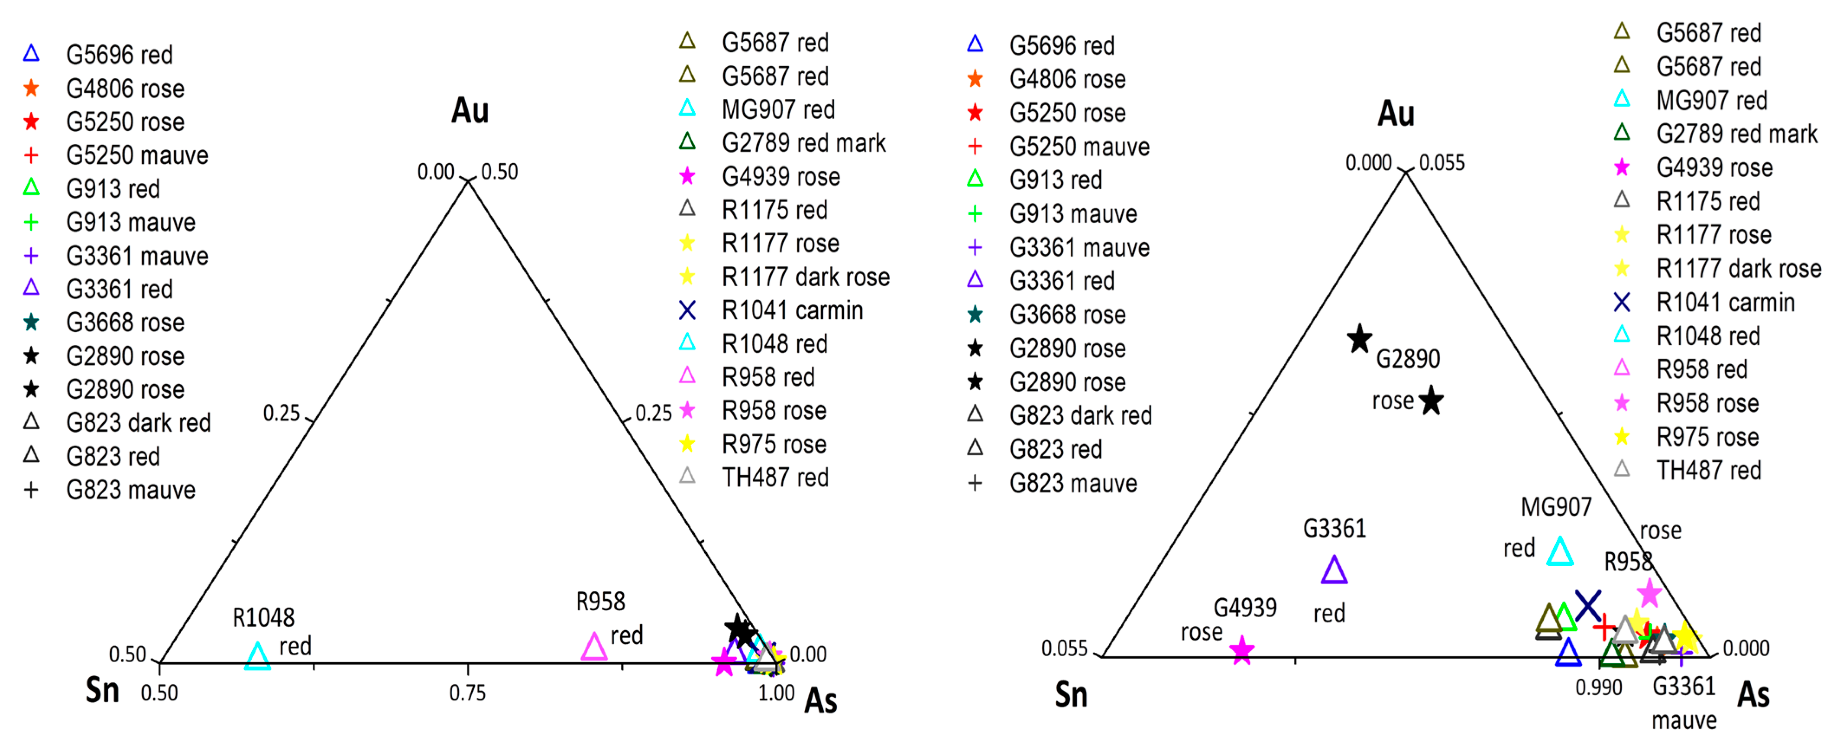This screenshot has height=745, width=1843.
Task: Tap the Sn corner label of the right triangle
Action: (1071, 695)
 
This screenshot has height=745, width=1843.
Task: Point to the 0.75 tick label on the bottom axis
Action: (467, 693)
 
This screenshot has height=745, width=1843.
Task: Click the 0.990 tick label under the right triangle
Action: (1598, 687)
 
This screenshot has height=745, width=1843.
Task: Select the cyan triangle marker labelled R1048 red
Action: (258, 655)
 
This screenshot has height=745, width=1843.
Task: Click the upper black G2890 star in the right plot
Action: (1359, 339)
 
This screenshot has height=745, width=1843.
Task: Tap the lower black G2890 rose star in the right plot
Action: (1431, 401)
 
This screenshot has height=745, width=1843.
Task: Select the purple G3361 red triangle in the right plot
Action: (1334, 570)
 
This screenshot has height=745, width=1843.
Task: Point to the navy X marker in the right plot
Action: (1587, 606)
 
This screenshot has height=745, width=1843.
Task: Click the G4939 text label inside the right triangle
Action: (1245, 608)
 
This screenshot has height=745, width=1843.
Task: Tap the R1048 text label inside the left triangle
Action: (263, 617)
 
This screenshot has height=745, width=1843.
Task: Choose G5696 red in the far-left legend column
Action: (119, 55)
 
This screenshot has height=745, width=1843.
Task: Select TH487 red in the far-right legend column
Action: (1708, 470)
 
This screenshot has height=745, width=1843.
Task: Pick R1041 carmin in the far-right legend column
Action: (1725, 302)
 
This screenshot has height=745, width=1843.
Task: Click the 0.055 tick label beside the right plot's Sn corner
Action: (1064, 648)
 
